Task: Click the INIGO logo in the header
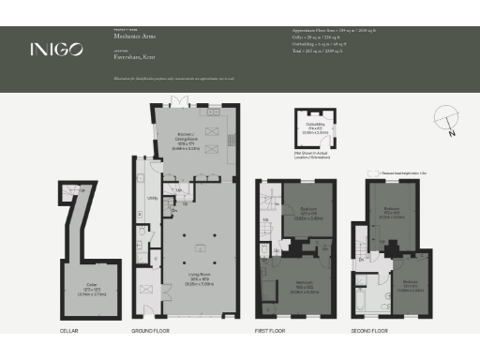click(x=55, y=48)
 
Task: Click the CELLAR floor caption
click(x=69, y=331)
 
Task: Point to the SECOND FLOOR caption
click(x=370, y=331)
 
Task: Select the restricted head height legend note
click(x=409, y=174)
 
